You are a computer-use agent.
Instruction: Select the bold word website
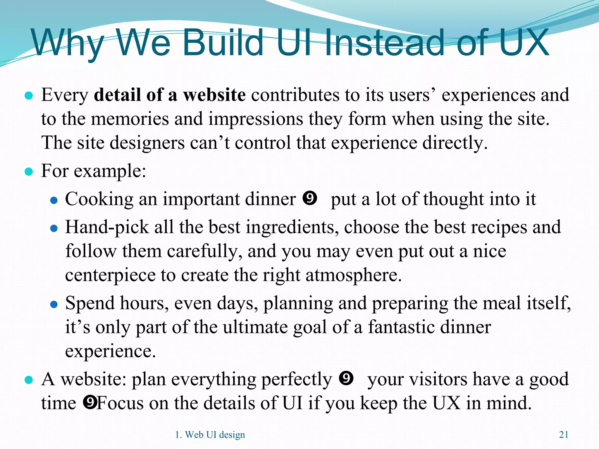tap(214, 95)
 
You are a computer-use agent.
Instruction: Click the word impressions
tap(255, 119)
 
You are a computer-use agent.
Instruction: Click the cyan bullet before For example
tap(29, 172)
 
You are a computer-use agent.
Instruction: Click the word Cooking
tap(99, 200)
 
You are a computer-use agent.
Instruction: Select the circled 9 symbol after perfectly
tap(346, 378)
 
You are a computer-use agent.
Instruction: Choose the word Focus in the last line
tap(120, 403)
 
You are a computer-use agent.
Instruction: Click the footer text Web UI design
tap(215, 435)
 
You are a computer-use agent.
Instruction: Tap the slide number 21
tap(564, 435)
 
